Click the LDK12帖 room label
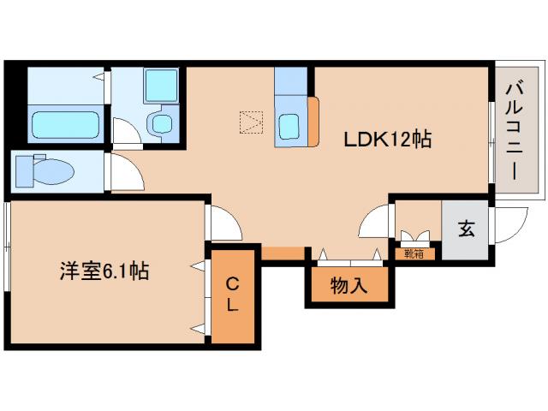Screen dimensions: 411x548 pos(387,138)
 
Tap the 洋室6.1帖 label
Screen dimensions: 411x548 pos(104,272)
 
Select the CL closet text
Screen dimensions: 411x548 pos(233,294)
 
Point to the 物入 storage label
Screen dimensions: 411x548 pos(349,287)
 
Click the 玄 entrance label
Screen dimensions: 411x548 pos(467,229)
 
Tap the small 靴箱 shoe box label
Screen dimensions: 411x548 pos(414,253)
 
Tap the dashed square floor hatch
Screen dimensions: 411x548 pos(251,122)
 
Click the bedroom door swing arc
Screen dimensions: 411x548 pos(223,224)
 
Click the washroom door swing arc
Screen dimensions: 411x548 pos(126,134)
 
